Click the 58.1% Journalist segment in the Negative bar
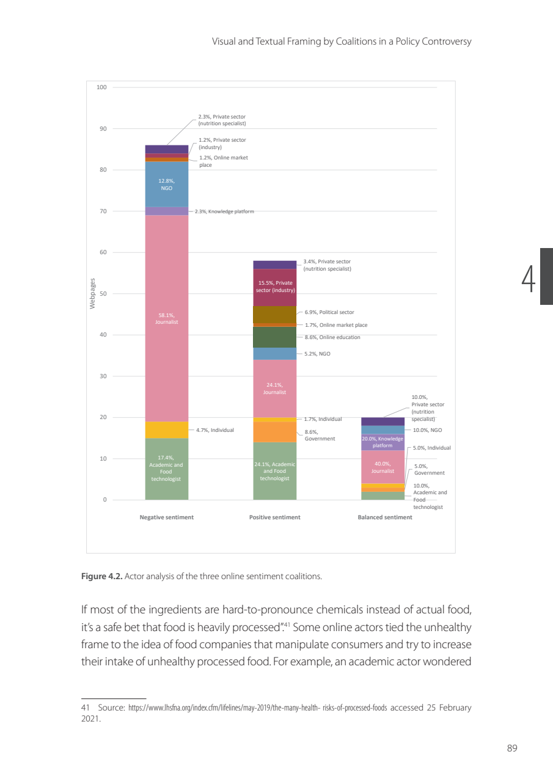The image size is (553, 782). tap(167, 318)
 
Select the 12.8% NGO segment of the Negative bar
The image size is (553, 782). tap(167, 185)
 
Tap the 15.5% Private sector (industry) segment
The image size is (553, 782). tap(275, 287)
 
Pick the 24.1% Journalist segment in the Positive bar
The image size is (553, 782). tap(275, 388)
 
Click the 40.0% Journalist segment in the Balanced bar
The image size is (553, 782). tap(383, 467)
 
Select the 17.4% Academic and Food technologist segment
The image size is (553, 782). tap(167, 469)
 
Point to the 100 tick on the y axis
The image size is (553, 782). tap(101, 87)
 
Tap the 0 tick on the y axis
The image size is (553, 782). tap(104, 500)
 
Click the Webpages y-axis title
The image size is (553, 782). tap(93, 294)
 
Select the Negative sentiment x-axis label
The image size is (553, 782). tap(167, 517)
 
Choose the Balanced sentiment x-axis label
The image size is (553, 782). tap(385, 517)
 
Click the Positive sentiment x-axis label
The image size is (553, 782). tap(275, 517)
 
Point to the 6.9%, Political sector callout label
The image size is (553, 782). tap(329, 312)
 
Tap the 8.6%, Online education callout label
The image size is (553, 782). tap(332, 337)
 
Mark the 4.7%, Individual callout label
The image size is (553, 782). tap(215, 430)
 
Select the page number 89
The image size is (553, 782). tap(512, 748)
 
